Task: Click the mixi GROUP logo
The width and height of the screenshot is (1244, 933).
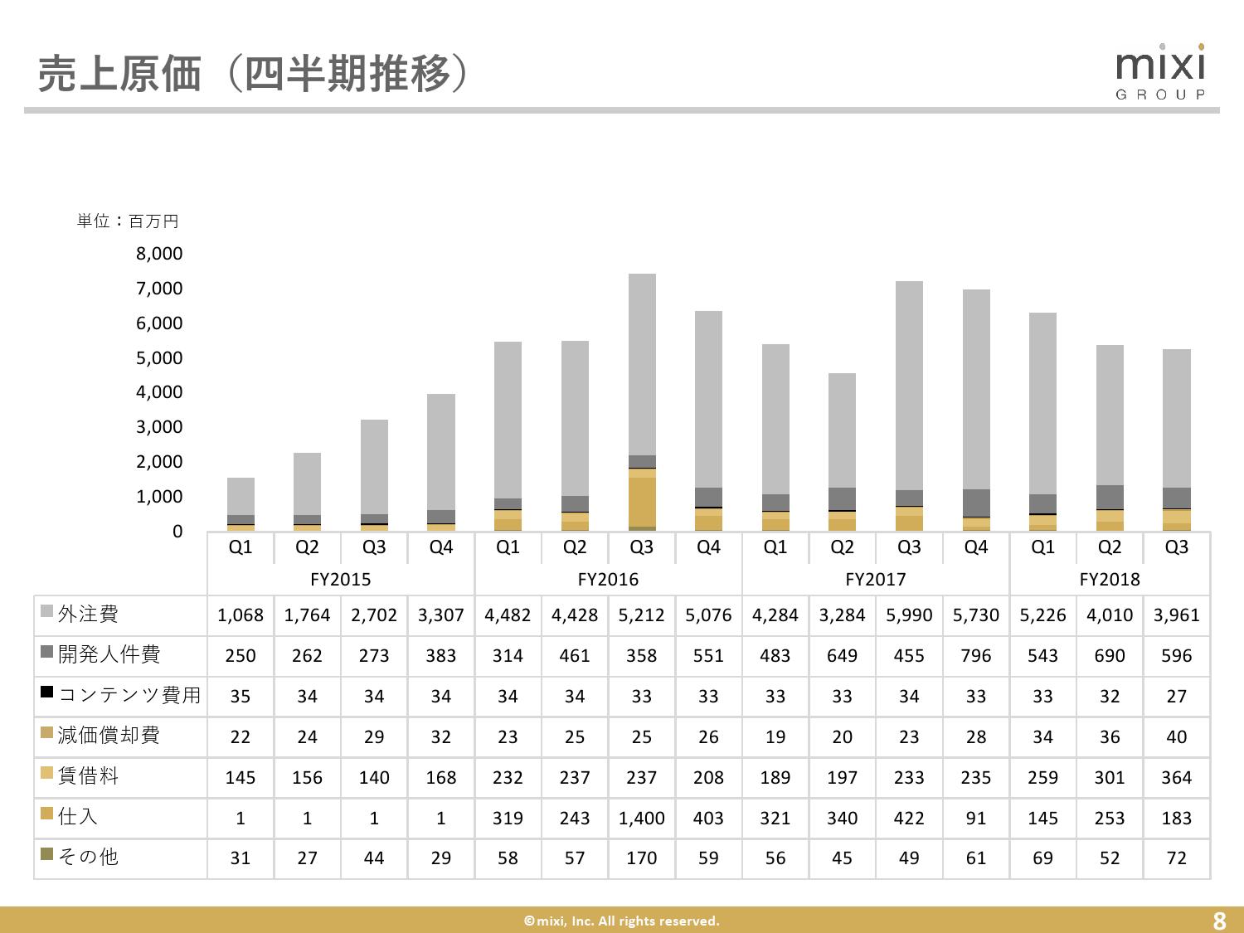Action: tap(1160, 72)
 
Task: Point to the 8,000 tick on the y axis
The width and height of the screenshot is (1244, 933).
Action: tap(159, 254)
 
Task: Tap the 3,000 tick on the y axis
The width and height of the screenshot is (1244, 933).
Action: tap(159, 427)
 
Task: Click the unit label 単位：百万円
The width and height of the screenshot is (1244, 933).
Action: tap(128, 221)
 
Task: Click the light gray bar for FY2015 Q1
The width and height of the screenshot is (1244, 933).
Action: tap(241, 496)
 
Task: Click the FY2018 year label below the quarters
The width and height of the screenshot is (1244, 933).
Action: tap(1110, 579)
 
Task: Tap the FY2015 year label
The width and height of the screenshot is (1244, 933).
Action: tap(340, 579)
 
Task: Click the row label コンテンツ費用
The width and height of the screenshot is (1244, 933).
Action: tap(129, 695)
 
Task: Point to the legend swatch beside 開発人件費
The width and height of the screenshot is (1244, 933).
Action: tap(47, 654)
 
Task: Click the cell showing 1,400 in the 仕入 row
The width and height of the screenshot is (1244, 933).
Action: tap(642, 818)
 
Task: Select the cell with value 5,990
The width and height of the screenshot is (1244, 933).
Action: tap(909, 615)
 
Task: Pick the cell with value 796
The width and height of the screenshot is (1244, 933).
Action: tap(976, 655)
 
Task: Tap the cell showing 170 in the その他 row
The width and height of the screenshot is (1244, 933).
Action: tap(642, 858)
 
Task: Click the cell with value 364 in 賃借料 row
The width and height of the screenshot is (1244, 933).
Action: tap(1176, 777)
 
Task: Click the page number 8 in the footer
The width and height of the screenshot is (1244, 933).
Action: tap(1218, 921)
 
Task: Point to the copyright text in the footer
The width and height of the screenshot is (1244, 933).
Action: tap(621, 921)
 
